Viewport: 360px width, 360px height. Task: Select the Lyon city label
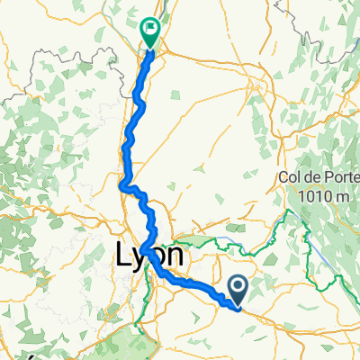point(150,256)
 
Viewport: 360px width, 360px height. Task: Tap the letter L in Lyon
point(124,256)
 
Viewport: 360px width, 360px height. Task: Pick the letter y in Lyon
point(140,259)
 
